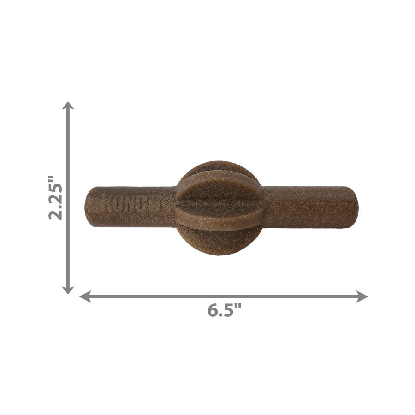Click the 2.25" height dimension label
tap(56, 197)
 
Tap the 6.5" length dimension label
tap(224, 310)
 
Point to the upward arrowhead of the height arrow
tap(68, 105)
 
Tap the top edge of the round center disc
tap(219, 163)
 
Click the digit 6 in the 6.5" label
tap(213, 310)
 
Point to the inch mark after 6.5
tap(239, 307)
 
